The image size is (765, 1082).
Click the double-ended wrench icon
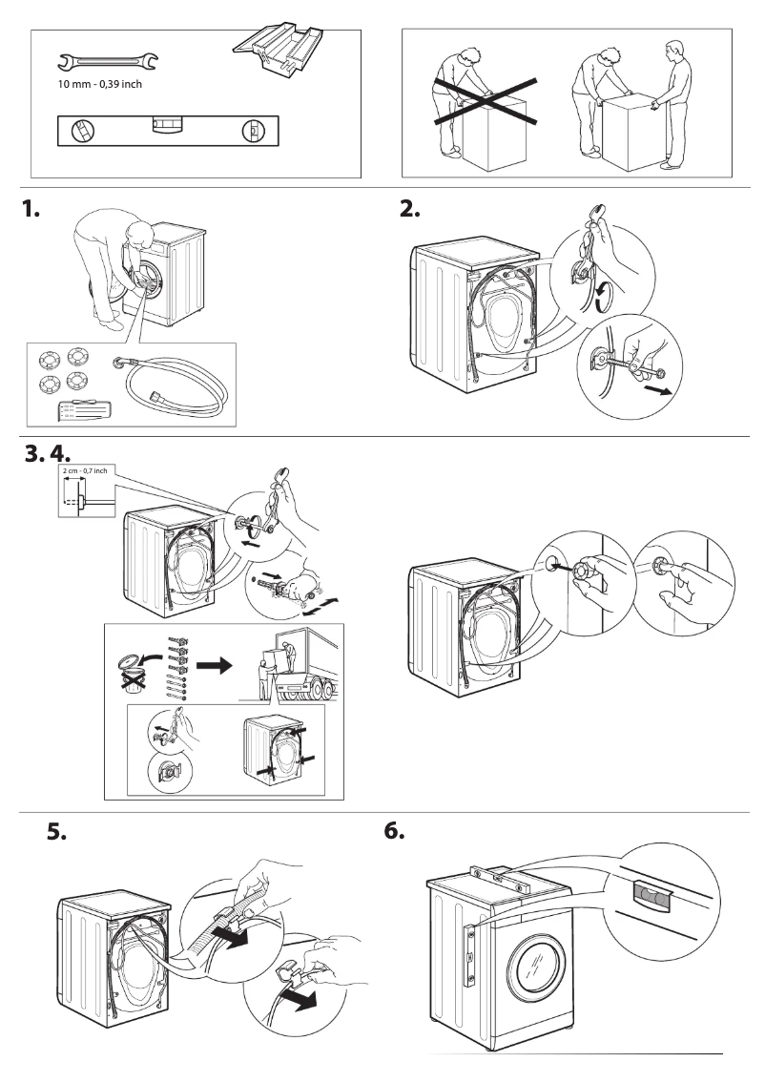pos(108,63)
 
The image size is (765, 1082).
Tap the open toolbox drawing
pos(278,50)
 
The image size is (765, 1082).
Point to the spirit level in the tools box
pos(168,131)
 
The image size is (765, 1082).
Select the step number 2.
pos(410,211)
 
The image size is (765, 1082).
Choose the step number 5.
pos(57,832)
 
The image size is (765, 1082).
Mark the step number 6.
pos(394,832)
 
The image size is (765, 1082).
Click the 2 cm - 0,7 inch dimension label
pos(83,470)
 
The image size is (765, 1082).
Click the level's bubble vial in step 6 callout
pos(651,893)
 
